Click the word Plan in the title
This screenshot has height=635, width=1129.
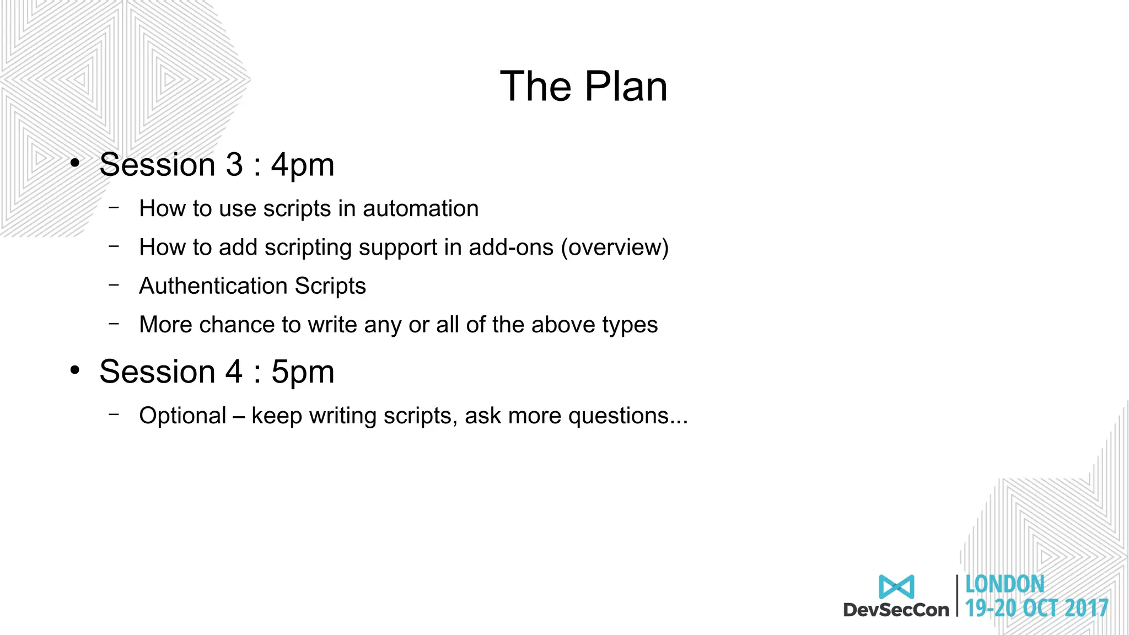point(626,87)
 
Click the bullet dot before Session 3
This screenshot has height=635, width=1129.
point(75,163)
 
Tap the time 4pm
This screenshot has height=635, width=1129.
point(303,165)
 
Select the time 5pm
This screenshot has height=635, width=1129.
point(303,372)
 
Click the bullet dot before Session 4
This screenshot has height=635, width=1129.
point(75,370)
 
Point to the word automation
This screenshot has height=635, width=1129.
point(420,209)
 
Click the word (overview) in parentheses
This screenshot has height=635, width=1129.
point(615,247)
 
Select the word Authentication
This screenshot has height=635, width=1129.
point(213,286)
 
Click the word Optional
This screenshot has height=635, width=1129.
point(182,416)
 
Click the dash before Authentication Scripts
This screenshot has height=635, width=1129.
point(114,285)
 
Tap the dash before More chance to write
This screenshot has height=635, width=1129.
point(114,324)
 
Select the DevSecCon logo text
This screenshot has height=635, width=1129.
point(896,610)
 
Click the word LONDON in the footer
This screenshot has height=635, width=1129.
point(1004,584)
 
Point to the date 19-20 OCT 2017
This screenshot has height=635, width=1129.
point(1036,609)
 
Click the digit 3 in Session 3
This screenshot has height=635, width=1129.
point(234,165)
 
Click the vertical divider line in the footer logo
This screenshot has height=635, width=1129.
point(957,595)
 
